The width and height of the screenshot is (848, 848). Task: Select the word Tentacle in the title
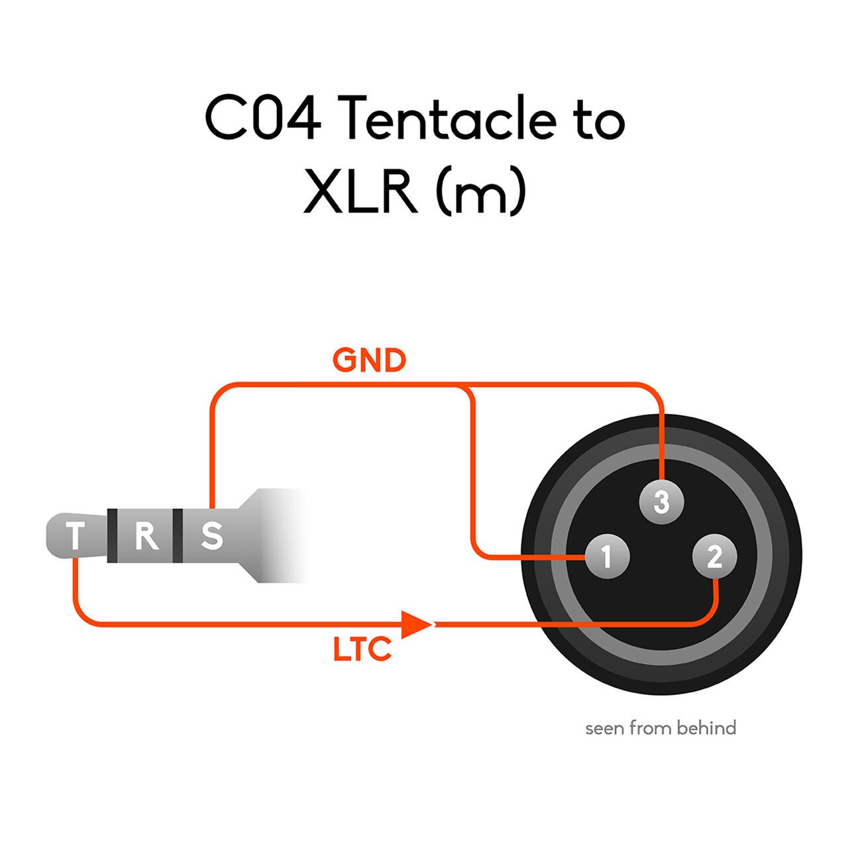coord(450,119)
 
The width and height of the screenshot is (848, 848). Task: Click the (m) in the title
coord(481,193)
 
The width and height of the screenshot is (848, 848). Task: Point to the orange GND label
coord(369,361)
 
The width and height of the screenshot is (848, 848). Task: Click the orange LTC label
coord(362,649)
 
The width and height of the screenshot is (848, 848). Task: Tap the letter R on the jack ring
coord(146,536)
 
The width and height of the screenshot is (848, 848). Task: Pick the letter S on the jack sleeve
coord(212,536)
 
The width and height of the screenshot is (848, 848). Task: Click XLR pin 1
coord(607,556)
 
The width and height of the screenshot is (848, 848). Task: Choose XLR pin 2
coord(714,556)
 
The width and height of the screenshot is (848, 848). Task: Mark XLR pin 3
coord(661,502)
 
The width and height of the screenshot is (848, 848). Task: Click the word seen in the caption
coord(605,729)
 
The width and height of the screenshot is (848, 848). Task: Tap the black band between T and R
coord(113,536)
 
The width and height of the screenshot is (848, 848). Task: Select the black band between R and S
coord(178,536)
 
